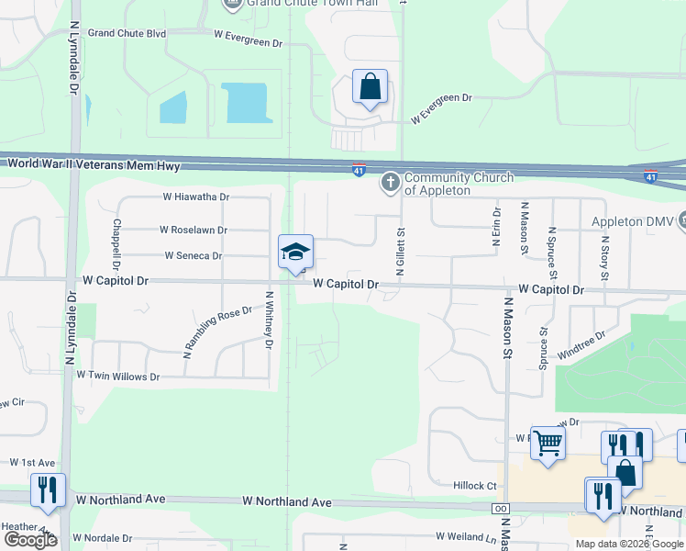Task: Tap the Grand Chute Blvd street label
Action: coord(127,33)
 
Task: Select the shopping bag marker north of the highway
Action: coord(370,88)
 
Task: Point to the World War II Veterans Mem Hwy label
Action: coord(94,165)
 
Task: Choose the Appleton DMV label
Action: coord(632,222)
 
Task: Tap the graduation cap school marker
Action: coord(296,253)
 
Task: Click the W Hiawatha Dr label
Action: coord(195,197)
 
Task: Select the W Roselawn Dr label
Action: coord(193,230)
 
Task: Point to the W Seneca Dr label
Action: coord(193,255)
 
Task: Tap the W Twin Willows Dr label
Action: coord(117,377)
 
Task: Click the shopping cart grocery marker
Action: coord(548,444)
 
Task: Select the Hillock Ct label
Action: coord(474,486)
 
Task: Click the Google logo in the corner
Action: coord(30,540)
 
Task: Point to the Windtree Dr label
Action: coord(581,345)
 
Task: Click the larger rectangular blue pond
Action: coord(246,101)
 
